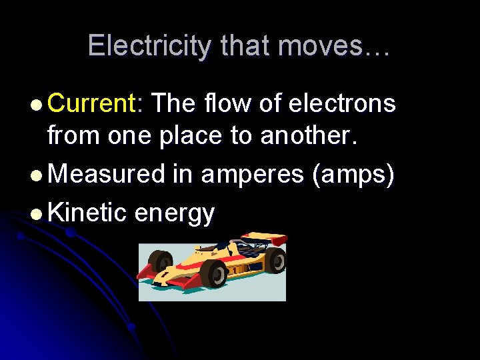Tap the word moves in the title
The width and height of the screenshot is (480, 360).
click(325, 46)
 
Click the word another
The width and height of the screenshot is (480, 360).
click(311, 135)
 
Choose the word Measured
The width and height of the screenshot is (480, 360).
click(107, 174)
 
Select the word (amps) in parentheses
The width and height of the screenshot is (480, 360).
click(353, 175)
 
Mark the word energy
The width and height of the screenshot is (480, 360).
click(175, 213)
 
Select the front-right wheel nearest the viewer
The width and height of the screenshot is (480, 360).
click(213, 273)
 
